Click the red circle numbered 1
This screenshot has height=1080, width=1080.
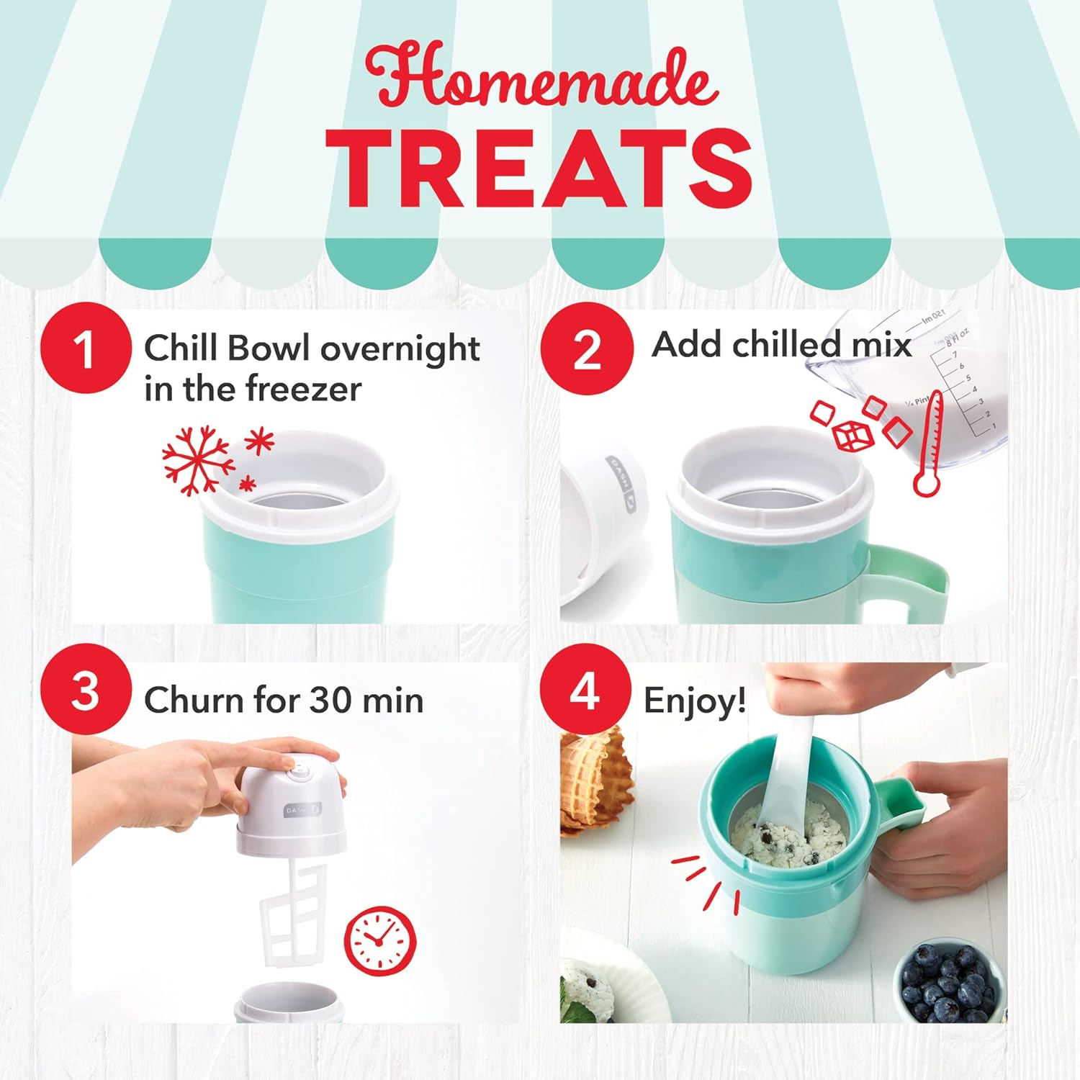(x=86, y=348)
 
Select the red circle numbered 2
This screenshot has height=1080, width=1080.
(x=586, y=348)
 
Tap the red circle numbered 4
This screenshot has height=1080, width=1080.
(x=585, y=690)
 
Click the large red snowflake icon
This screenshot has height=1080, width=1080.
(x=197, y=461)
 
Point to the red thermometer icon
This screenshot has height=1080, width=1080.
(x=930, y=444)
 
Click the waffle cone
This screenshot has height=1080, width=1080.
(x=594, y=778)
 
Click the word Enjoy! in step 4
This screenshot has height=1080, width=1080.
(x=694, y=701)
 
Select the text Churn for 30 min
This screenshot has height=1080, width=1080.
(x=284, y=699)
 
